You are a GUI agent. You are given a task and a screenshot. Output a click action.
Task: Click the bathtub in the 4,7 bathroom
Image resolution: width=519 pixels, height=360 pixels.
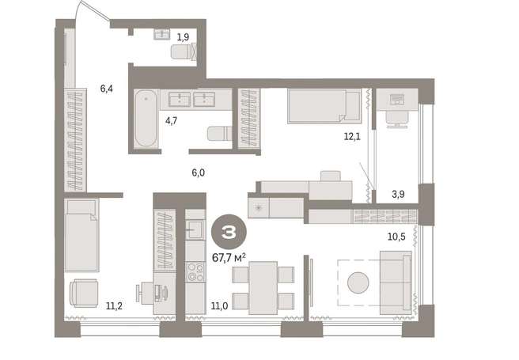pos(146,119)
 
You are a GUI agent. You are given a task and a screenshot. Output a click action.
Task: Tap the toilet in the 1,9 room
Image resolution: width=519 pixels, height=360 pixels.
pos(182,52)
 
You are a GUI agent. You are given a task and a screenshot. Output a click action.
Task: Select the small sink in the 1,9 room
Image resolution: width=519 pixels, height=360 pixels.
pos(162,34)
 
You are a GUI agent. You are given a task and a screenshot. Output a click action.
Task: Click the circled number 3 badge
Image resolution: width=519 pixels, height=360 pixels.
pos(229,233)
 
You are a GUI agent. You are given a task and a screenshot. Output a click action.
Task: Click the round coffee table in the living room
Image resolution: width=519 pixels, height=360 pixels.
pos(358,282)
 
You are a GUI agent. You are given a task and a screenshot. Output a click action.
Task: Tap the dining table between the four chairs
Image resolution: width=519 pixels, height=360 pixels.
pos(263,288)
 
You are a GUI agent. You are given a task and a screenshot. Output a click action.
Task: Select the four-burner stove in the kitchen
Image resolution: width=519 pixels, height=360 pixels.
pos(195,271)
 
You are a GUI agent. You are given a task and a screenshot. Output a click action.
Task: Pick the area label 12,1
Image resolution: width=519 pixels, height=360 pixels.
pos(352,136)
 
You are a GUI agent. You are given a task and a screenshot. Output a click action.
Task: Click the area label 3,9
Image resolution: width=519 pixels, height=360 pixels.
pos(398,194)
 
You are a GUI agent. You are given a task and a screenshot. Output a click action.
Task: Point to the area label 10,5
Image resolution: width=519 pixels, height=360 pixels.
pos(396,237)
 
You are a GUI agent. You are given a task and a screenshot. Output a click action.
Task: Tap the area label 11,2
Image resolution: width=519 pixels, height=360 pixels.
pos(114,306)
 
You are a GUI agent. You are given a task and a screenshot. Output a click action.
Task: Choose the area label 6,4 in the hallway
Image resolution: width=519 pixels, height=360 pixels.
pos(107,89)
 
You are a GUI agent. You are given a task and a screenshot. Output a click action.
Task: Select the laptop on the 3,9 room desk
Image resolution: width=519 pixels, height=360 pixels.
pos(397,99)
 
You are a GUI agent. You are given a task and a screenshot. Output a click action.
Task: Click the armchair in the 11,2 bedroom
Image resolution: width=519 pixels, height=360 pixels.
pos(83,293)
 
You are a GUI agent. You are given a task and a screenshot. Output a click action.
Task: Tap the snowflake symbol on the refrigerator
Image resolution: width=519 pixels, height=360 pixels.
pos(259,208)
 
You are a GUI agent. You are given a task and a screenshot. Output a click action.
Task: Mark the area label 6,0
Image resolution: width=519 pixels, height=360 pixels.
pos(199,172)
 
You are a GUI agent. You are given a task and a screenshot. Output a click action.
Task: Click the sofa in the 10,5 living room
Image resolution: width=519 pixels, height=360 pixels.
pos(396,282)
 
